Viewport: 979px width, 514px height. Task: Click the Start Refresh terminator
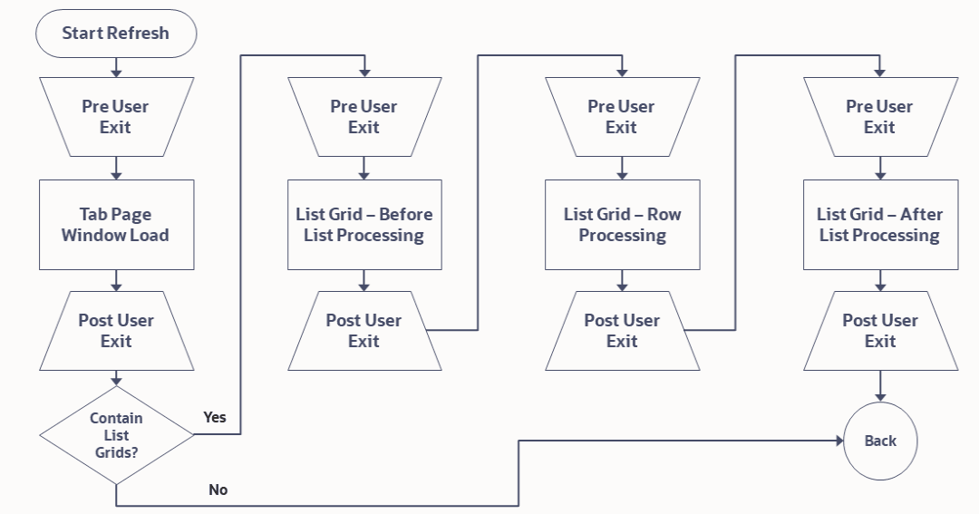click(115, 34)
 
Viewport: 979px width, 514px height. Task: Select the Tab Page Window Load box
click(116, 225)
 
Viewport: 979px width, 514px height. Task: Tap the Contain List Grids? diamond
click(116, 434)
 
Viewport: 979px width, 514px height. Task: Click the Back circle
click(879, 441)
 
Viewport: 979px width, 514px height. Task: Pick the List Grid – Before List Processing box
click(364, 225)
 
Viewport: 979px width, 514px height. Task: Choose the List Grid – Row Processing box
click(622, 225)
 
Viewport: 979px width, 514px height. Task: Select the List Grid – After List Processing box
click(879, 225)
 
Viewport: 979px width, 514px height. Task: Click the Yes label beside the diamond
click(215, 417)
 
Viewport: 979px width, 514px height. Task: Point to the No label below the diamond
click(218, 490)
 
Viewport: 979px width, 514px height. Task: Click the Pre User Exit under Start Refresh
click(116, 117)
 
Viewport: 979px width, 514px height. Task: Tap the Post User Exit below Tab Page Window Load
click(116, 331)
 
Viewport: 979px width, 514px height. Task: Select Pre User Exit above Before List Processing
click(364, 117)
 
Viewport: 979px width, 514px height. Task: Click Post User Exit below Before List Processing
click(364, 331)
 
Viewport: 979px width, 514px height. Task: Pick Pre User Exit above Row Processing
click(622, 117)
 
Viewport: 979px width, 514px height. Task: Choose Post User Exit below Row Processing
click(622, 331)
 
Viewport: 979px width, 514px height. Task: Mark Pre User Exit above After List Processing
click(879, 117)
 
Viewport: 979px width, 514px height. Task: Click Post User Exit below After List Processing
click(879, 331)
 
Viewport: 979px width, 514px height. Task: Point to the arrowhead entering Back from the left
click(838, 441)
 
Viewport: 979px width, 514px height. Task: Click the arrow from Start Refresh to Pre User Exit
click(116, 66)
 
